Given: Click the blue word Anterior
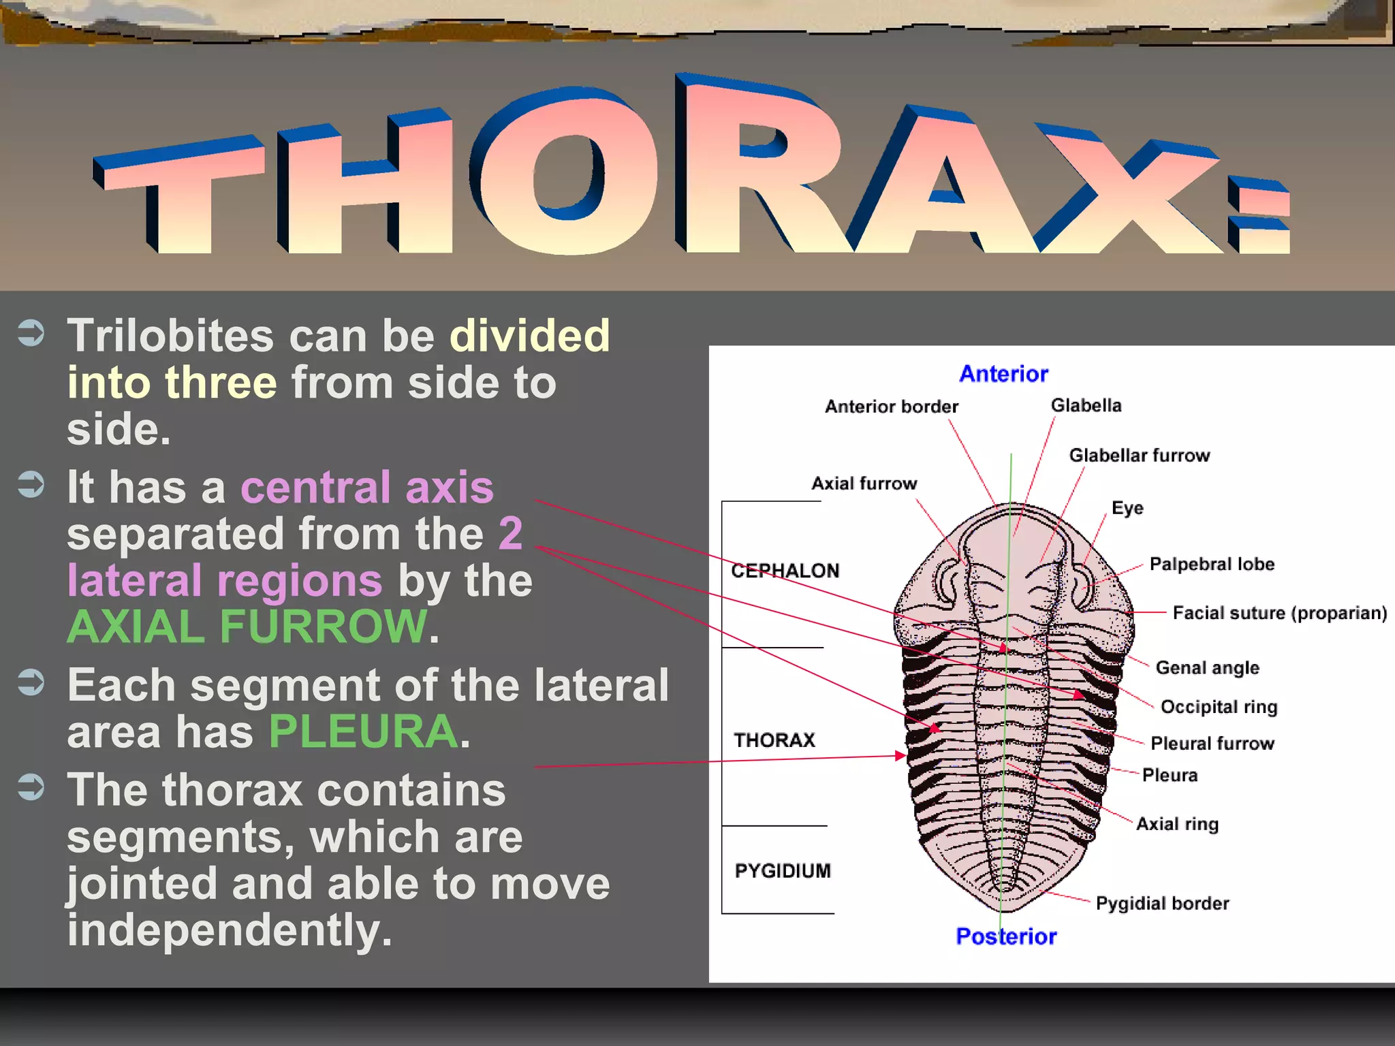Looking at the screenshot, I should pyautogui.click(x=1003, y=374).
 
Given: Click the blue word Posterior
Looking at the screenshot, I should pyautogui.click(x=1006, y=936).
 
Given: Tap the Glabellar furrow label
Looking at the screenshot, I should pyautogui.click(x=1139, y=455).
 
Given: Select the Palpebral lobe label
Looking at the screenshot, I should pyautogui.click(x=1212, y=564).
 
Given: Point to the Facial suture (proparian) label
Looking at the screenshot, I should pyautogui.click(x=1279, y=613).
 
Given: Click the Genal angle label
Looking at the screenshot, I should pyautogui.click(x=1207, y=667).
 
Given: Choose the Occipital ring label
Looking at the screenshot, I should pyautogui.click(x=1219, y=706).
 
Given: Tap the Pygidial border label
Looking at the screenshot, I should pyautogui.click(x=1162, y=903).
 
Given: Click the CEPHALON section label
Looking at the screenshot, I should pyautogui.click(x=785, y=571).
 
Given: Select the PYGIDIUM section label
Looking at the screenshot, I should pyautogui.click(x=783, y=870).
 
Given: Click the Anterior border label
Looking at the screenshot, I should pyautogui.click(x=891, y=407).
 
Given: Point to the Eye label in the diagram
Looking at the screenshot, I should pyautogui.click(x=1127, y=508).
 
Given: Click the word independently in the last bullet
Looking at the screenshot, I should pyautogui.click(x=230, y=930).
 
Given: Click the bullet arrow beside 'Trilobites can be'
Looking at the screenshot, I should pyautogui.click(x=31, y=333).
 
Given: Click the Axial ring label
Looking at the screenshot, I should pyautogui.click(x=1177, y=824).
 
